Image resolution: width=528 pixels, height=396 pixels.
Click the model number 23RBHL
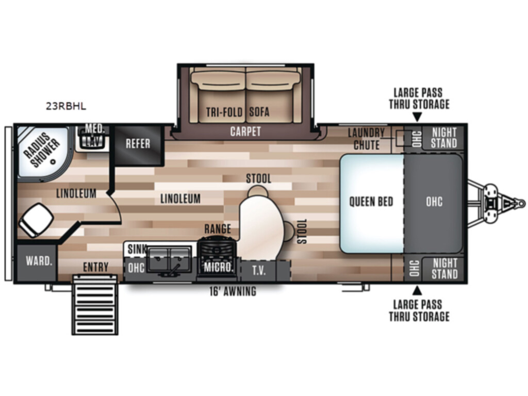point(66,106)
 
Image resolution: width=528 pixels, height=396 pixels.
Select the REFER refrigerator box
point(138,145)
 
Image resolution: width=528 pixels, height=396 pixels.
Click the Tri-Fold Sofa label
point(238,112)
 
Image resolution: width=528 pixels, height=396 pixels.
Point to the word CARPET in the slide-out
point(245,131)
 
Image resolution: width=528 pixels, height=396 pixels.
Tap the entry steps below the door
point(95,305)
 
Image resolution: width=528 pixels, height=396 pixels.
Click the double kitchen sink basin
point(169,260)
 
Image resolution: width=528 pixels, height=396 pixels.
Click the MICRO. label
point(219,268)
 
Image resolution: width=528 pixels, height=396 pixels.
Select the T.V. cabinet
point(259,270)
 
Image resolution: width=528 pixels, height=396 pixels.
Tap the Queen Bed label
point(371,202)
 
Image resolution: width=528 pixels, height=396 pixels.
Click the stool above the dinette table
point(258,191)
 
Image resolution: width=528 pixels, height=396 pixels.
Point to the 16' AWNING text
point(233,291)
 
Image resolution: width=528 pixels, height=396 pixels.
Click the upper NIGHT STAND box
point(443,138)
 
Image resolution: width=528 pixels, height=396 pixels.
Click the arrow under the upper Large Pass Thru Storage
point(417,118)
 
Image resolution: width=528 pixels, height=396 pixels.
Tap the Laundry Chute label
point(367,139)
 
